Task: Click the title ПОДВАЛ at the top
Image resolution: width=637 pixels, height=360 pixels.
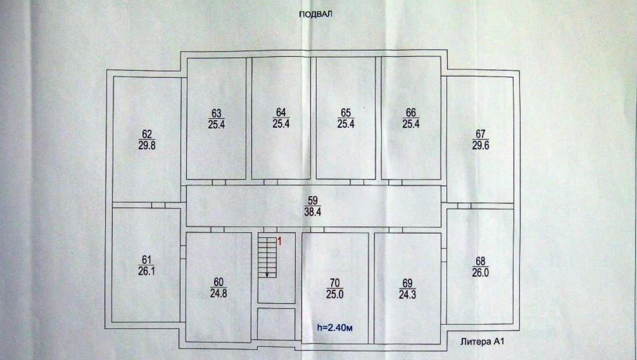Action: (x=315, y=14)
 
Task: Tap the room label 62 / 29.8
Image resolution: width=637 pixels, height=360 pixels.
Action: (x=146, y=140)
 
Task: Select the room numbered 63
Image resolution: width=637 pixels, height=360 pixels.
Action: (x=216, y=119)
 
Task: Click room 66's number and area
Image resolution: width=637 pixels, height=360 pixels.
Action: (x=411, y=119)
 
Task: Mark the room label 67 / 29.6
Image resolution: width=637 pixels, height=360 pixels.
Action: (x=480, y=140)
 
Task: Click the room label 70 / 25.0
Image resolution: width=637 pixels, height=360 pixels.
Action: (x=333, y=289)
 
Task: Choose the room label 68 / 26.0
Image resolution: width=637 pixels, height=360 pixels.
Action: (x=480, y=267)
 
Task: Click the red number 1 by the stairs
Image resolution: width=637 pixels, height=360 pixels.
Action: (x=280, y=242)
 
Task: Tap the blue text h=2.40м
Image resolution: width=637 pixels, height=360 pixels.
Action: (x=335, y=327)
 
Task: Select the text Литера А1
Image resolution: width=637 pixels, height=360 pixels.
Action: (x=483, y=342)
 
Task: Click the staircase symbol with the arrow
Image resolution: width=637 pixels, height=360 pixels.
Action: (x=267, y=256)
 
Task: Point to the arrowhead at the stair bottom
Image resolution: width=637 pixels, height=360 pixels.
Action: (x=267, y=274)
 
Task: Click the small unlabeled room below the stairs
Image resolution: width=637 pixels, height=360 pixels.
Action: (x=276, y=324)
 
